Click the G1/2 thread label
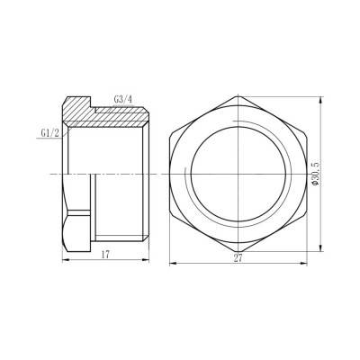[50, 132]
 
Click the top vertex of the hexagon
[239, 93]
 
